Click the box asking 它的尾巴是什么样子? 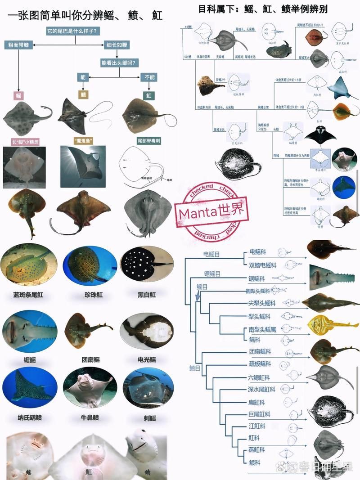(x=74, y=31)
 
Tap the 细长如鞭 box (x=116, y=45)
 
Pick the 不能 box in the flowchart (x=149, y=77)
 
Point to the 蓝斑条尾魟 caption (x=29, y=295)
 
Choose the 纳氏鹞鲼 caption (x=29, y=417)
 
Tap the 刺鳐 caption (x=147, y=417)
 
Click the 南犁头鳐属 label (x=262, y=329)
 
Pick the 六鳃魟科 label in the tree (x=260, y=377)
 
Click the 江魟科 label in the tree (x=256, y=426)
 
